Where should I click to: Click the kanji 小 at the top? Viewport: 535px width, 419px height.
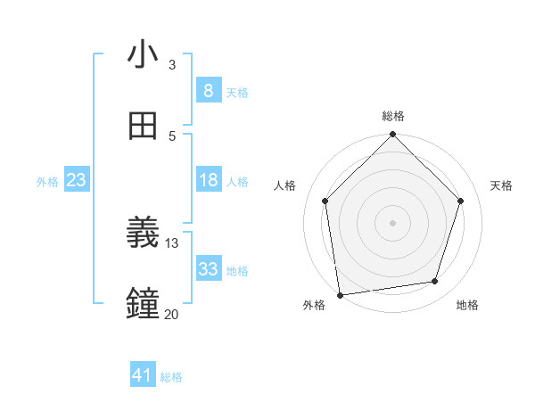pos(143,55)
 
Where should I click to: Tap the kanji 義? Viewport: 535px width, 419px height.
pos(143,234)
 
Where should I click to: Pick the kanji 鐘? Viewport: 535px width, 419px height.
pos(143,304)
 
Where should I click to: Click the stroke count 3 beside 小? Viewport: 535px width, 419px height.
pos(172,65)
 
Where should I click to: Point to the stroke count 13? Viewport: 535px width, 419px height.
pos(172,243)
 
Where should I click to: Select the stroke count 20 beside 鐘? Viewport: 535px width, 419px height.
pos(172,314)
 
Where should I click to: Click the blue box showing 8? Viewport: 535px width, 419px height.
pos(208,90)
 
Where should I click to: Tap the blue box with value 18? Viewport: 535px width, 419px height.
pos(208,180)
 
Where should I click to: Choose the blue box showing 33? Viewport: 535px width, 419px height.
pos(208,268)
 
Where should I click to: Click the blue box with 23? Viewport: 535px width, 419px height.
pos(77,180)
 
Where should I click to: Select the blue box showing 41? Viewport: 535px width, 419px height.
pos(143,375)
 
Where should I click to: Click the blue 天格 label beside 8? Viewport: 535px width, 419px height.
pos(237,92)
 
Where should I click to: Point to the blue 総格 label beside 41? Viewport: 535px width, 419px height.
pos(171,377)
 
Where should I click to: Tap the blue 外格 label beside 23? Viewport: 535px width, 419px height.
pos(47,182)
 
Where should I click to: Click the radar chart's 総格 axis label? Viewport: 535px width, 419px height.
pos(393,116)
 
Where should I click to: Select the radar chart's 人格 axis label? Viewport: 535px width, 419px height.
pos(284,185)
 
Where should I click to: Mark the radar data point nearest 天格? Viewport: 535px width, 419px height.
pos(461,201)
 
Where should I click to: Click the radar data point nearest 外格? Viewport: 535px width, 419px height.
pos(340,294)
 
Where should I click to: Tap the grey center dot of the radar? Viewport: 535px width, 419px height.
pos(393,222)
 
